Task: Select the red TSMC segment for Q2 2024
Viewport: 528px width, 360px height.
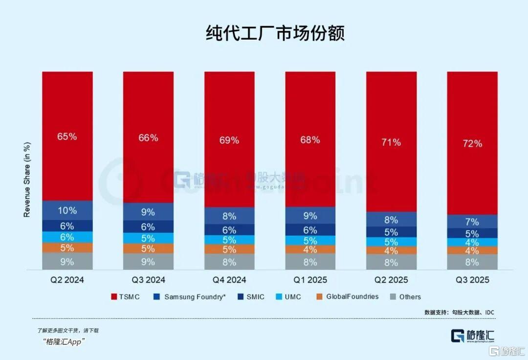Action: pyautogui.click(x=67, y=136)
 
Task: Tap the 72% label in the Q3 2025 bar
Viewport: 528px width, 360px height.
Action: pyautogui.click(x=472, y=143)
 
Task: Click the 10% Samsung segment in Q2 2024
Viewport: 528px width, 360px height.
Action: pyautogui.click(x=67, y=210)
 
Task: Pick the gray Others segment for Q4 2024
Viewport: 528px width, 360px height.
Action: pyautogui.click(x=229, y=261)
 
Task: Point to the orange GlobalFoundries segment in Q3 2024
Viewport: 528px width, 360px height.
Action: pyautogui.click(x=148, y=248)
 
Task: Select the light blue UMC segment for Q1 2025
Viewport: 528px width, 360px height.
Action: pyautogui.click(x=310, y=240)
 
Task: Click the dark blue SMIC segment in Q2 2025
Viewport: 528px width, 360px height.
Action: pyautogui.click(x=392, y=232)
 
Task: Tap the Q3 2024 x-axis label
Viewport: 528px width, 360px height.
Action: pyautogui.click(x=148, y=280)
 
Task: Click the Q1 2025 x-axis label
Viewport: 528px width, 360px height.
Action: pyautogui.click(x=310, y=280)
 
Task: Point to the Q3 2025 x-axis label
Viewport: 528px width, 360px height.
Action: pyautogui.click(x=472, y=280)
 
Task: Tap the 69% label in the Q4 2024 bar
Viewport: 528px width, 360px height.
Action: pyautogui.click(x=229, y=140)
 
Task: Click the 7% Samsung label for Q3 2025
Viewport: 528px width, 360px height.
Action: pyautogui.click(x=472, y=222)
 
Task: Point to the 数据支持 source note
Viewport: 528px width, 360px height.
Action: pyautogui.click(x=459, y=312)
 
